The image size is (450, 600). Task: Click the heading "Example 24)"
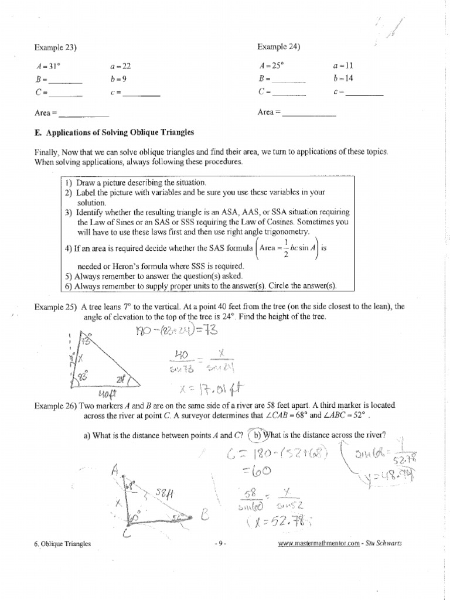[279, 47]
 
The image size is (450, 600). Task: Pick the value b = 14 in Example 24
[342, 79]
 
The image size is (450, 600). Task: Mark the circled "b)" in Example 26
[256, 434]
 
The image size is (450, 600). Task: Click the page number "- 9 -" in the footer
[221, 544]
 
